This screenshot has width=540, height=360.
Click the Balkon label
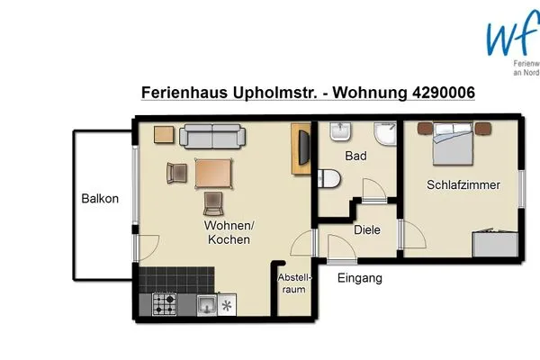point(99,199)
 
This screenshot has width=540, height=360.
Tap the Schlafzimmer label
point(459,185)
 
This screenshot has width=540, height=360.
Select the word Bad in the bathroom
point(355,156)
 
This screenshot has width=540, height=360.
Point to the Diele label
point(366,229)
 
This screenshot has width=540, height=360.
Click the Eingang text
point(359,278)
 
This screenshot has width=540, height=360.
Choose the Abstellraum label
point(293,283)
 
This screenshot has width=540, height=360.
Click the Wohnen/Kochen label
point(229,233)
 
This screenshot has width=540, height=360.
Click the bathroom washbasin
point(339,135)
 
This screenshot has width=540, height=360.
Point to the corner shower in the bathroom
point(384,135)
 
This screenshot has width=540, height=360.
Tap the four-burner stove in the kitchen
point(165,305)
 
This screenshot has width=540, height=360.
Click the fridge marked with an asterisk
point(227,306)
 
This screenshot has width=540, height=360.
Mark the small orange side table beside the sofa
point(164,135)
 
